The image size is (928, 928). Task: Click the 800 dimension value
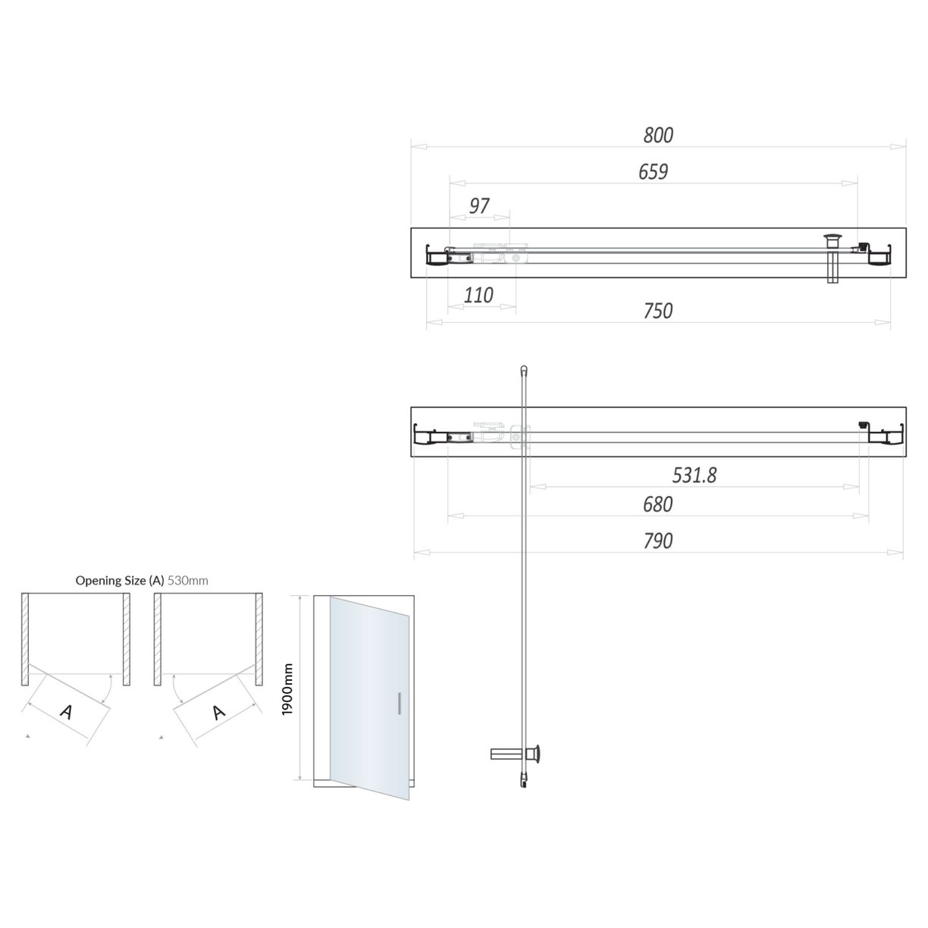[x=657, y=135]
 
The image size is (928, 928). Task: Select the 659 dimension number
[x=653, y=172]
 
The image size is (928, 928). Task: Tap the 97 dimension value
[x=479, y=205]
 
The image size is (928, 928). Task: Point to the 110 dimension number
[x=478, y=295]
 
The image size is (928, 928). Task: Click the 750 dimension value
[x=657, y=311]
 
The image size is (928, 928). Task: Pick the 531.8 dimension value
[x=694, y=475]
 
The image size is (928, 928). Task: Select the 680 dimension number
[x=657, y=504]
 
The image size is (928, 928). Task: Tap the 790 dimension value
[x=657, y=541]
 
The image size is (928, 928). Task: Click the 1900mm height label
[x=287, y=688]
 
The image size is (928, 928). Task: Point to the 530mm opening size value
[x=188, y=581]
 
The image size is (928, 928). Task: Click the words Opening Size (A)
[x=120, y=581]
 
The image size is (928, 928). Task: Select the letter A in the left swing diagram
[x=67, y=712]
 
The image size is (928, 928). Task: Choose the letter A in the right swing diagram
[x=219, y=712]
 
